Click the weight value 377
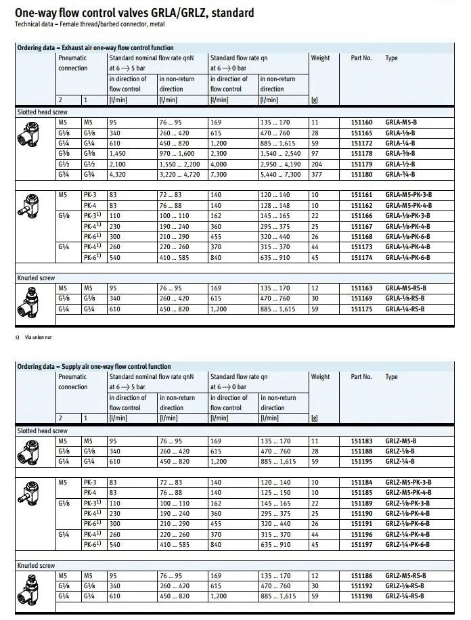(316, 175)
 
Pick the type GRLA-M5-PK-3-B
(408, 195)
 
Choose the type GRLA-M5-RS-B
(405, 288)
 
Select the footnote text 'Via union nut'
(33, 337)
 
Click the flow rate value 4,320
(119, 175)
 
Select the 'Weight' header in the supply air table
(320, 377)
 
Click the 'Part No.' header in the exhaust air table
(361, 58)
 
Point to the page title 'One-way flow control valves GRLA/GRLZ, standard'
(135, 12)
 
